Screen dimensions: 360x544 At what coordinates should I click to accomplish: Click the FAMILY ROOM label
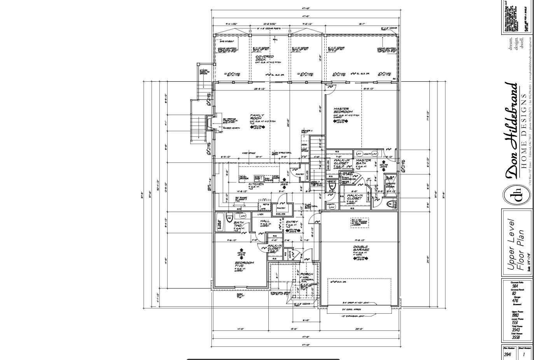(257, 117)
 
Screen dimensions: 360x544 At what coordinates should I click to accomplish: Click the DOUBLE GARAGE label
(361, 248)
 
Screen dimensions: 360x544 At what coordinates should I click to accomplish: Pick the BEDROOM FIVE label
(244, 264)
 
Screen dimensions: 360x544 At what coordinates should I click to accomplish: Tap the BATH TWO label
(238, 224)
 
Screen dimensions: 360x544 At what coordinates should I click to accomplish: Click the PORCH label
(307, 274)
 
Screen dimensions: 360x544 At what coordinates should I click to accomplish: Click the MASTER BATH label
(363, 162)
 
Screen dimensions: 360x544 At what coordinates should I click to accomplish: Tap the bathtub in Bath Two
(219, 223)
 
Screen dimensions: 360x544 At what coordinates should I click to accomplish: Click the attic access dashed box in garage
(359, 222)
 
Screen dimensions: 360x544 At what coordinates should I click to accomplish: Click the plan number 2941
(507, 354)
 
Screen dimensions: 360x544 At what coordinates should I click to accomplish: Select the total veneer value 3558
(516, 337)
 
